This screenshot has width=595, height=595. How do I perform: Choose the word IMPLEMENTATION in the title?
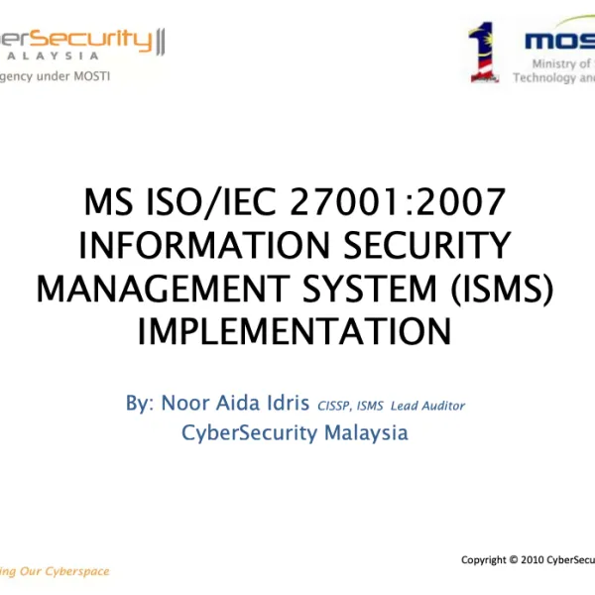click(295, 330)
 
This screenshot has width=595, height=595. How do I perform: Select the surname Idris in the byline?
click(285, 405)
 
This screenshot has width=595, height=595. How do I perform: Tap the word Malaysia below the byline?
click(361, 432)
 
